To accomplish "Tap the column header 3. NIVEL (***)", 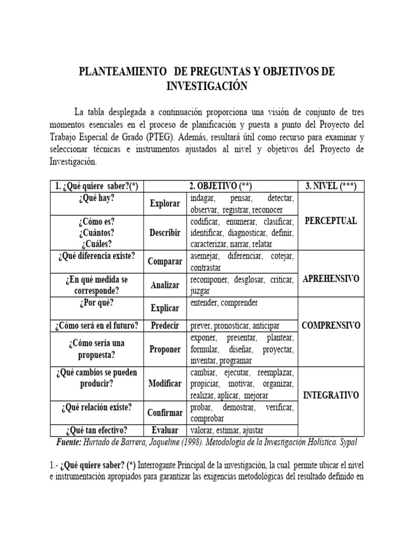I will pos(330,186).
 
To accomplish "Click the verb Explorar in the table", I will pos(165,204).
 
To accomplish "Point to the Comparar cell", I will pos(165,261).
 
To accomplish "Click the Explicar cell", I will pos(165,308).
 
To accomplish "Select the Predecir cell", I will pos(165,326).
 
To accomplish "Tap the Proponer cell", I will pos(165,349).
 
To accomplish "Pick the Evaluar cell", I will pos(165,430).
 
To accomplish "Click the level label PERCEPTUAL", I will pos(330,222).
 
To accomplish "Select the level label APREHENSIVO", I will pos(330,279).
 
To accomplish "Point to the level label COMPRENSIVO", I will pos(330,326).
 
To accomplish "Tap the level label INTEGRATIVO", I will pos(330,395).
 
